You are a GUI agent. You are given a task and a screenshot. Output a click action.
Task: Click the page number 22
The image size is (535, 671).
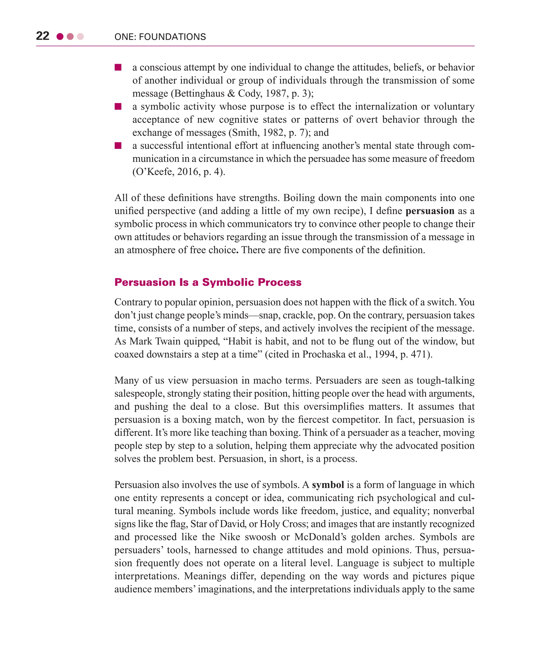tap(43, 36)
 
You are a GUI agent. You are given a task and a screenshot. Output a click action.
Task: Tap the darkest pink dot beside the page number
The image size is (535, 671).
tap(60, 37)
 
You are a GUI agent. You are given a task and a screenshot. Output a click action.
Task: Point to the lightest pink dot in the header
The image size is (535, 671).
tap(80, 37)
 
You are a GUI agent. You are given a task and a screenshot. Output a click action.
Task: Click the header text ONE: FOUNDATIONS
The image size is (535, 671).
tap(160, 37)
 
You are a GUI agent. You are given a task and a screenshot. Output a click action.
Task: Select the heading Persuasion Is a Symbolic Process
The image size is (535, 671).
tap(208, 282)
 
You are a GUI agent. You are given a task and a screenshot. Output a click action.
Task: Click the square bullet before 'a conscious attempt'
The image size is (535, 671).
tap(118, 68)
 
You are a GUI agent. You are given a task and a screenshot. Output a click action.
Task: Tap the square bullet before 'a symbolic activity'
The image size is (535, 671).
tap(118, 107)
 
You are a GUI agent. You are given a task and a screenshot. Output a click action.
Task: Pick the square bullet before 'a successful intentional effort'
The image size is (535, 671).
tap(118, 146)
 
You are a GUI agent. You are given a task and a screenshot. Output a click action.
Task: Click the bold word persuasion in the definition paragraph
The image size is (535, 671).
tap(430, 211)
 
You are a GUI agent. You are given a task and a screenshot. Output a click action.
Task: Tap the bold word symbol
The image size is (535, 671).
tap(328, 485)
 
